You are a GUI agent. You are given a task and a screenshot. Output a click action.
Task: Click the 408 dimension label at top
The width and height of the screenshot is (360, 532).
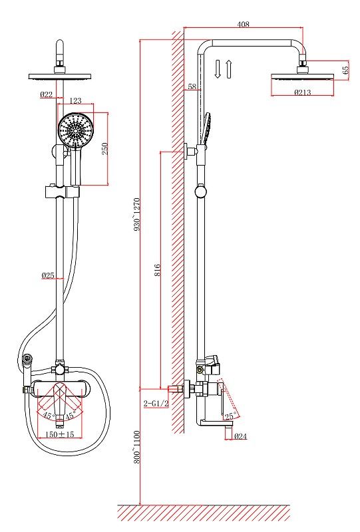tap(243, 24)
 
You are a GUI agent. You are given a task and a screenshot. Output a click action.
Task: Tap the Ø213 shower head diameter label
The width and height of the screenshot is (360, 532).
tap(302, 92)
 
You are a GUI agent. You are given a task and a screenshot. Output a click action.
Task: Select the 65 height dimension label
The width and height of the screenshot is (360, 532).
tap(345, 70)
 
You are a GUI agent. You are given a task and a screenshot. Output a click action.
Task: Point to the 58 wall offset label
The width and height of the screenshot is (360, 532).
tap(192, 86)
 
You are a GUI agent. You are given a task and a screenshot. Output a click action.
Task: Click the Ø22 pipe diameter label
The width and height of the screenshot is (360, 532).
tap(46, 94)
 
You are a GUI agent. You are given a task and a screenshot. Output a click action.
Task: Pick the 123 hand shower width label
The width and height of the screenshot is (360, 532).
tap(75, 100)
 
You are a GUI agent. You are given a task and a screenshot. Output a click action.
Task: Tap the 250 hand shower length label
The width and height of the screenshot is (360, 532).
tap(105, 148)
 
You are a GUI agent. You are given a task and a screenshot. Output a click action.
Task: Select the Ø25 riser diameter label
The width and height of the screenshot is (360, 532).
tap(48, 275)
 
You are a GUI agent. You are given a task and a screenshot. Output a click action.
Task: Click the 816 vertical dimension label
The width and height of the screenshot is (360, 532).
tap(157, 270)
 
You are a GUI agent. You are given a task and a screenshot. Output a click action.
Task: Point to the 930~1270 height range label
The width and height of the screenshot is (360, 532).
tap(137, 214)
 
